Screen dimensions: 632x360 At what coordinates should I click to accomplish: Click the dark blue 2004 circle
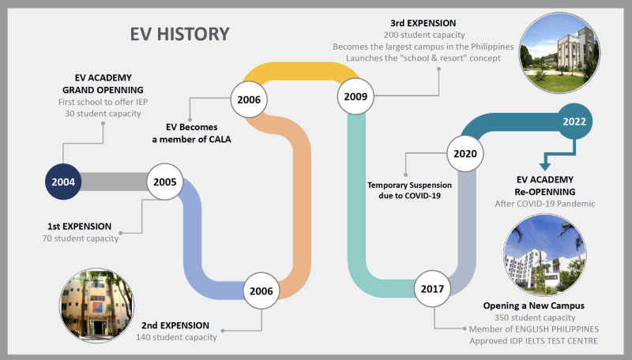click(63, 182)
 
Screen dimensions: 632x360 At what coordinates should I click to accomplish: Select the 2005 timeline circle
click(165, 182)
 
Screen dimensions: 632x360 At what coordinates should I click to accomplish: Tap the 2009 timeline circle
click(355, 96)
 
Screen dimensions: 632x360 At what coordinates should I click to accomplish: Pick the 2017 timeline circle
click(432, 289)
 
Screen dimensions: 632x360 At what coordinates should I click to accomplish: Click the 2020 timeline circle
click(465, 154)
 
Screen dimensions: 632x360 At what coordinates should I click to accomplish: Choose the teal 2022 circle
click(574, 122)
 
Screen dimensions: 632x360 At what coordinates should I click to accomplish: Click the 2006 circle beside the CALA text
click(249, 99)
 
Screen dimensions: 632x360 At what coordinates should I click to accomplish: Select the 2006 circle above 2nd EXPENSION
click(261, 291)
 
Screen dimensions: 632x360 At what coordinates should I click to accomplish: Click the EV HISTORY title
click(180, 34)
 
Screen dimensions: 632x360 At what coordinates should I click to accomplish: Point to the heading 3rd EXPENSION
click(423, 24)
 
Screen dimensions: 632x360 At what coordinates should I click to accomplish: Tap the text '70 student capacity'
click(81, 238)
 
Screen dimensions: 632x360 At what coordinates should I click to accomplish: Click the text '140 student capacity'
click(176, 337)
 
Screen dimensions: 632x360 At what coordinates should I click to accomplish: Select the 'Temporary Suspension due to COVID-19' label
click(409, 190)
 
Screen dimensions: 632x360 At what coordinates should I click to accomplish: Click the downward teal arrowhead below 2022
click(545, 167)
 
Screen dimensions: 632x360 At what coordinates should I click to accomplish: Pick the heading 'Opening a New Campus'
click(534, 306)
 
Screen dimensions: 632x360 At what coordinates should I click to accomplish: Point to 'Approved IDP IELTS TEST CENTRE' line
click(534, 341)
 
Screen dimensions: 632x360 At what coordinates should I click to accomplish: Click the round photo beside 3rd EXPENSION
click(559, 53)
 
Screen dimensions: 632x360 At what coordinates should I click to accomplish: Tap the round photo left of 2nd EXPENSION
click(96, 306)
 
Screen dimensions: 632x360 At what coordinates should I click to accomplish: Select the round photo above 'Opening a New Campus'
click(545, 255)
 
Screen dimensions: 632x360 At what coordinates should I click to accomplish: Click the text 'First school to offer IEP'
click(103, 103)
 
